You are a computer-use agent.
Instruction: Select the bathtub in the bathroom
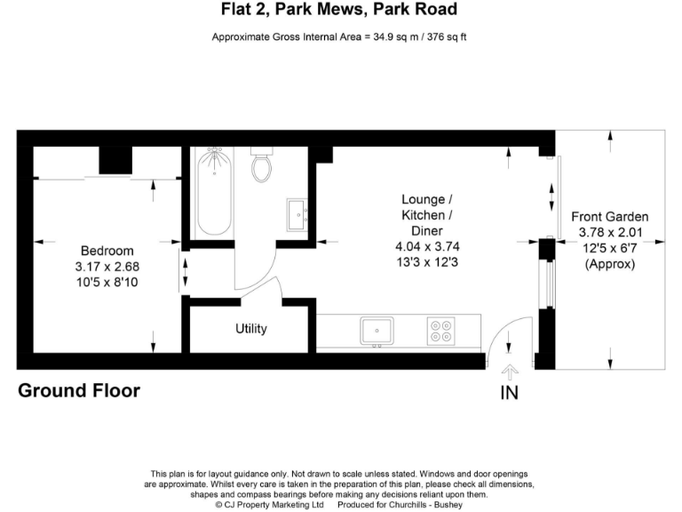211,191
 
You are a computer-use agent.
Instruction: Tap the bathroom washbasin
297,212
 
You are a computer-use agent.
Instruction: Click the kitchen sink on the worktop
377,332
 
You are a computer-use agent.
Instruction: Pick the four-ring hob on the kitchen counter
440,332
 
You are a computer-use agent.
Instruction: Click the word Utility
250,329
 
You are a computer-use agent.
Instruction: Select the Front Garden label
609,216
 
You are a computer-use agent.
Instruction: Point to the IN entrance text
509,392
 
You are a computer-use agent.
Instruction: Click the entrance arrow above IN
509,372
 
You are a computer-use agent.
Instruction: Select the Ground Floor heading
79,390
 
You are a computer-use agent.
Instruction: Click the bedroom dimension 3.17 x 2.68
107,266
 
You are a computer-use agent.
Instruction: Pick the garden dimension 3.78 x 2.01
609,232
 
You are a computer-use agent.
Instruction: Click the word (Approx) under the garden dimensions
609,264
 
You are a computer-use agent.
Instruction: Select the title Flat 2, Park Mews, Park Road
339,11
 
